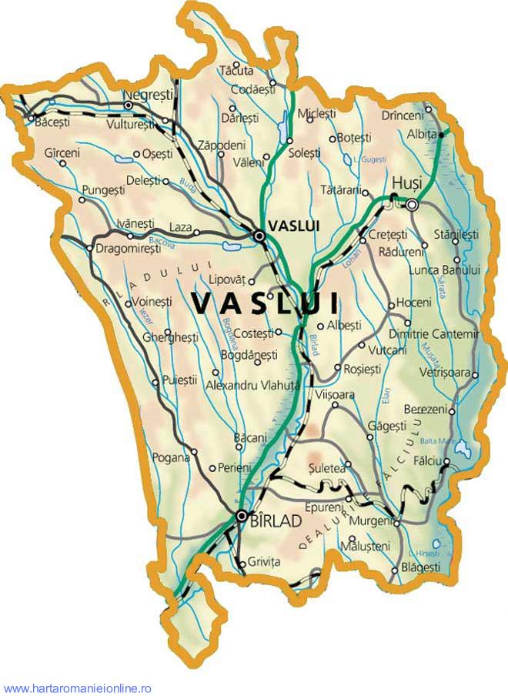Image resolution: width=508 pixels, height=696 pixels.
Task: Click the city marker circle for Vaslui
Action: pyautogui.click(x=260, y=237)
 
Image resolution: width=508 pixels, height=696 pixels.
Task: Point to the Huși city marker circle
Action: pyautogui.click(x=413, y=205)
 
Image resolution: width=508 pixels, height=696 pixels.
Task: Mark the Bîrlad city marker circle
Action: pyautogui.click(x=242, y=515)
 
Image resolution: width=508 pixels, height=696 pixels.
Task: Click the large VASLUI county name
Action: pyautogui.click(x=267, y=303)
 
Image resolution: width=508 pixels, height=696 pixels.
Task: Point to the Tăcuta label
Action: pyautogui.click(x=236, y=71)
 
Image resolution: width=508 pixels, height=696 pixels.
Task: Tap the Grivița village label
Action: pyautogui.click(x=265, y=563)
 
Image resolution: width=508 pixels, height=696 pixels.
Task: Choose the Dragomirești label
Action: pyautogui.click(x=130, y=248)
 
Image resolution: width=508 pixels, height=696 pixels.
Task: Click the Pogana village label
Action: pyautogui.click(x=170, y=457)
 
